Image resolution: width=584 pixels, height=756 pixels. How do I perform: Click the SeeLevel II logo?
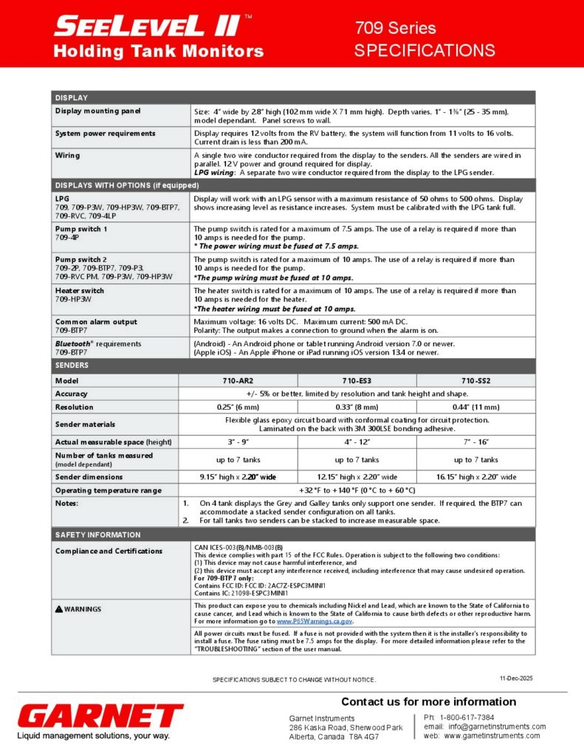tap(148, 27)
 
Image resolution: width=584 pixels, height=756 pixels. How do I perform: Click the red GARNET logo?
tap(100, 715)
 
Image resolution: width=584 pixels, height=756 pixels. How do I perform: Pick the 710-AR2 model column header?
tap(238, 380)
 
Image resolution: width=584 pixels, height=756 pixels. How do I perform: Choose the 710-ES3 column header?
tap(357, 380)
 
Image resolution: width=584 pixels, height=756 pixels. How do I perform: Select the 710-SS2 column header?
tap(476, 380)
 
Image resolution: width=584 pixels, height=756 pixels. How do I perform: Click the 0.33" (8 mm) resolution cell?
tap(357, 407)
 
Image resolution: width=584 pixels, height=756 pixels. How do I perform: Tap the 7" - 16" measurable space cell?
tap(476, 441)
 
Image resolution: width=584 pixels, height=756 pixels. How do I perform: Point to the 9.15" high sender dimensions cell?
tap(238, 476)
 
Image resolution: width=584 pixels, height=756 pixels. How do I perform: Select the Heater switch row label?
tap(80, 290)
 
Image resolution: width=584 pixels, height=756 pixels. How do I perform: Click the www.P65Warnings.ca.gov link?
tap(309, 621)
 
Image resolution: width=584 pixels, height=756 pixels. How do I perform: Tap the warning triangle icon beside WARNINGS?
tap(59, 609)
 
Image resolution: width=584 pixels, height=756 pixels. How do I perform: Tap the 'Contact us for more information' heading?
tap(428, 701)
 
